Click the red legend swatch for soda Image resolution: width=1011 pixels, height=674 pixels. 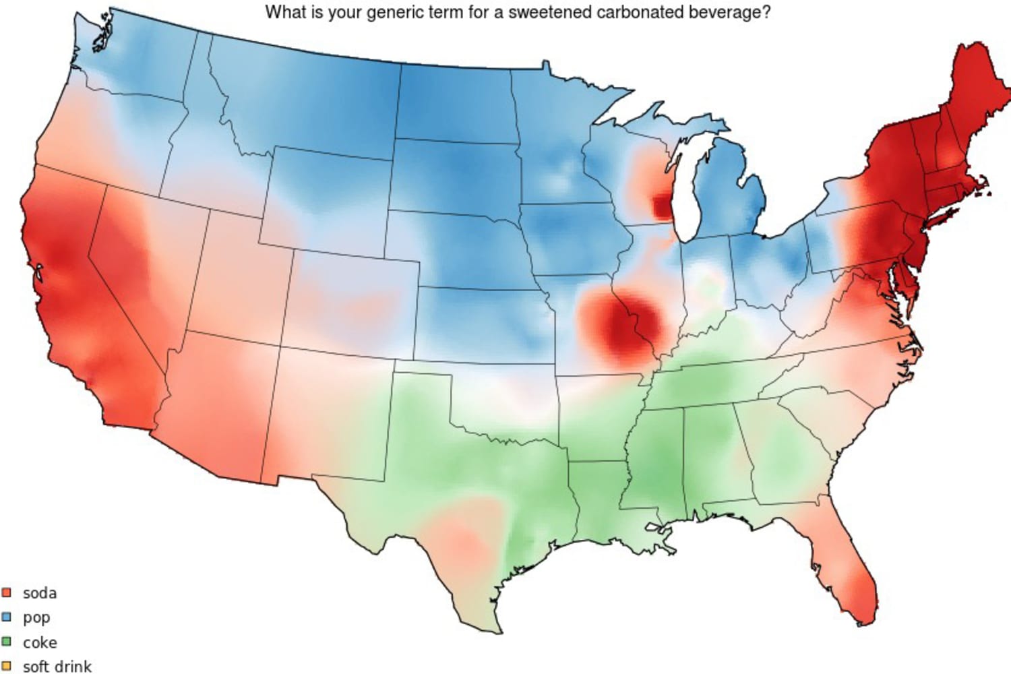point(7,592)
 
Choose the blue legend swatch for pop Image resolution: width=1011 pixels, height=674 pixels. point(7,617)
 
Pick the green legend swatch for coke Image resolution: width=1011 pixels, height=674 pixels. point(7,642)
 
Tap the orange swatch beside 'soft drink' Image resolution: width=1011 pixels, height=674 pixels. point(7,666)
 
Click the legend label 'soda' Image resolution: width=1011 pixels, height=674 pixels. point(40,593)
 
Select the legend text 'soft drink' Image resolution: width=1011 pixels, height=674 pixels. point(57,667)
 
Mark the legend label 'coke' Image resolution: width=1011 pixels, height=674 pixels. point(40,642)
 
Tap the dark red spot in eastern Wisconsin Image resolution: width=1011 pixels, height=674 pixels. point(663,206)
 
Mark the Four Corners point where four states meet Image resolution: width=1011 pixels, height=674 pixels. point(280,346)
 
